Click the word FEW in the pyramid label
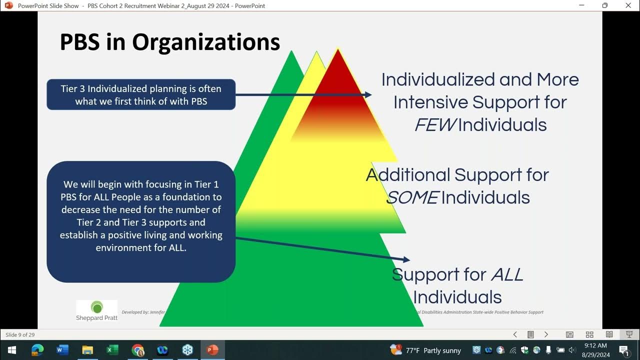point(434,124)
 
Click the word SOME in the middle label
point(412,197)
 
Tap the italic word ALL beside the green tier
point(507,274)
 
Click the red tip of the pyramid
point(338,70)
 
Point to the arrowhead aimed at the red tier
point(368,94)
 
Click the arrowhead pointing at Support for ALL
point(406,259)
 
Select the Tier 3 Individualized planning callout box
point(141,94)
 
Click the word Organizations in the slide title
point(205,42)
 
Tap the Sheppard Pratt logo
point(96,310)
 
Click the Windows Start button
point(11,350)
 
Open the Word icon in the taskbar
point(62,350)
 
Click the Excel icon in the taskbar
point(112,350)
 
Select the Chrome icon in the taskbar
point(137,350)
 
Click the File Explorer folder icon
point(87,350)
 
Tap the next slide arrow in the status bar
point(546,334)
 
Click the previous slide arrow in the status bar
point(515,334)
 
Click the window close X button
point(628,5)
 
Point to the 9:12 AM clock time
point(595,345)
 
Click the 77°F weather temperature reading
point(412,350)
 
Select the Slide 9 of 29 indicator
point(20,334)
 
